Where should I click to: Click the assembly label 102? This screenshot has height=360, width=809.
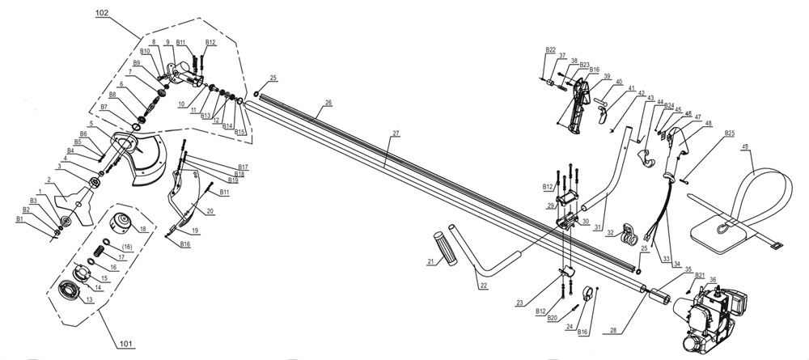pos(102,14)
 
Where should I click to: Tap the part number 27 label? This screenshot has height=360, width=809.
pos(396,133)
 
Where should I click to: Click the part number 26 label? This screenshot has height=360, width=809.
pos(328,104)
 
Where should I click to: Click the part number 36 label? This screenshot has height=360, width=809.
pos(713,280)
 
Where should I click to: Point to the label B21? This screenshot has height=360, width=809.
pos(700,275)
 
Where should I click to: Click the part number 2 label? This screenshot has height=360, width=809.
pos(49,180)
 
